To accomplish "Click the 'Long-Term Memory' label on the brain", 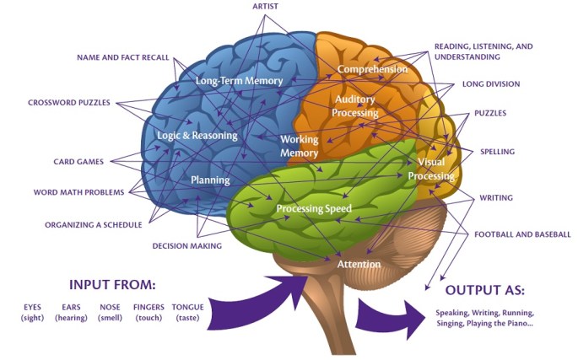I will tap(239, 81).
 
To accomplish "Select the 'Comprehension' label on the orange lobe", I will tap(372, 68).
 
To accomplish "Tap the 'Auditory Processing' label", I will tap(354, 106).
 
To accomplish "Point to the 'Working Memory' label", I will tap(299, 147).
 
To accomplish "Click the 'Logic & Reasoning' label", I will tap(197, 135).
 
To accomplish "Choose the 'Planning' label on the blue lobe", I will tap(210, 180).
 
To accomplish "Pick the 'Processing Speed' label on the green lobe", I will tap(314, 208).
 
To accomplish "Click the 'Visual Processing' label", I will tap(431, 169).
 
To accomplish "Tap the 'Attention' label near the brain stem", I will tap(359, 264).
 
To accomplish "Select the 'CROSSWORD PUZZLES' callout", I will tap(70, 103).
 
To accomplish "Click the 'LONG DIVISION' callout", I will tap(490, 84).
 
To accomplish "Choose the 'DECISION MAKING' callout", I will tap(186, 246).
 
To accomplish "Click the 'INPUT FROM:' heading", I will tap(112, 283).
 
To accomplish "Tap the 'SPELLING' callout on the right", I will tap(497, 152).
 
